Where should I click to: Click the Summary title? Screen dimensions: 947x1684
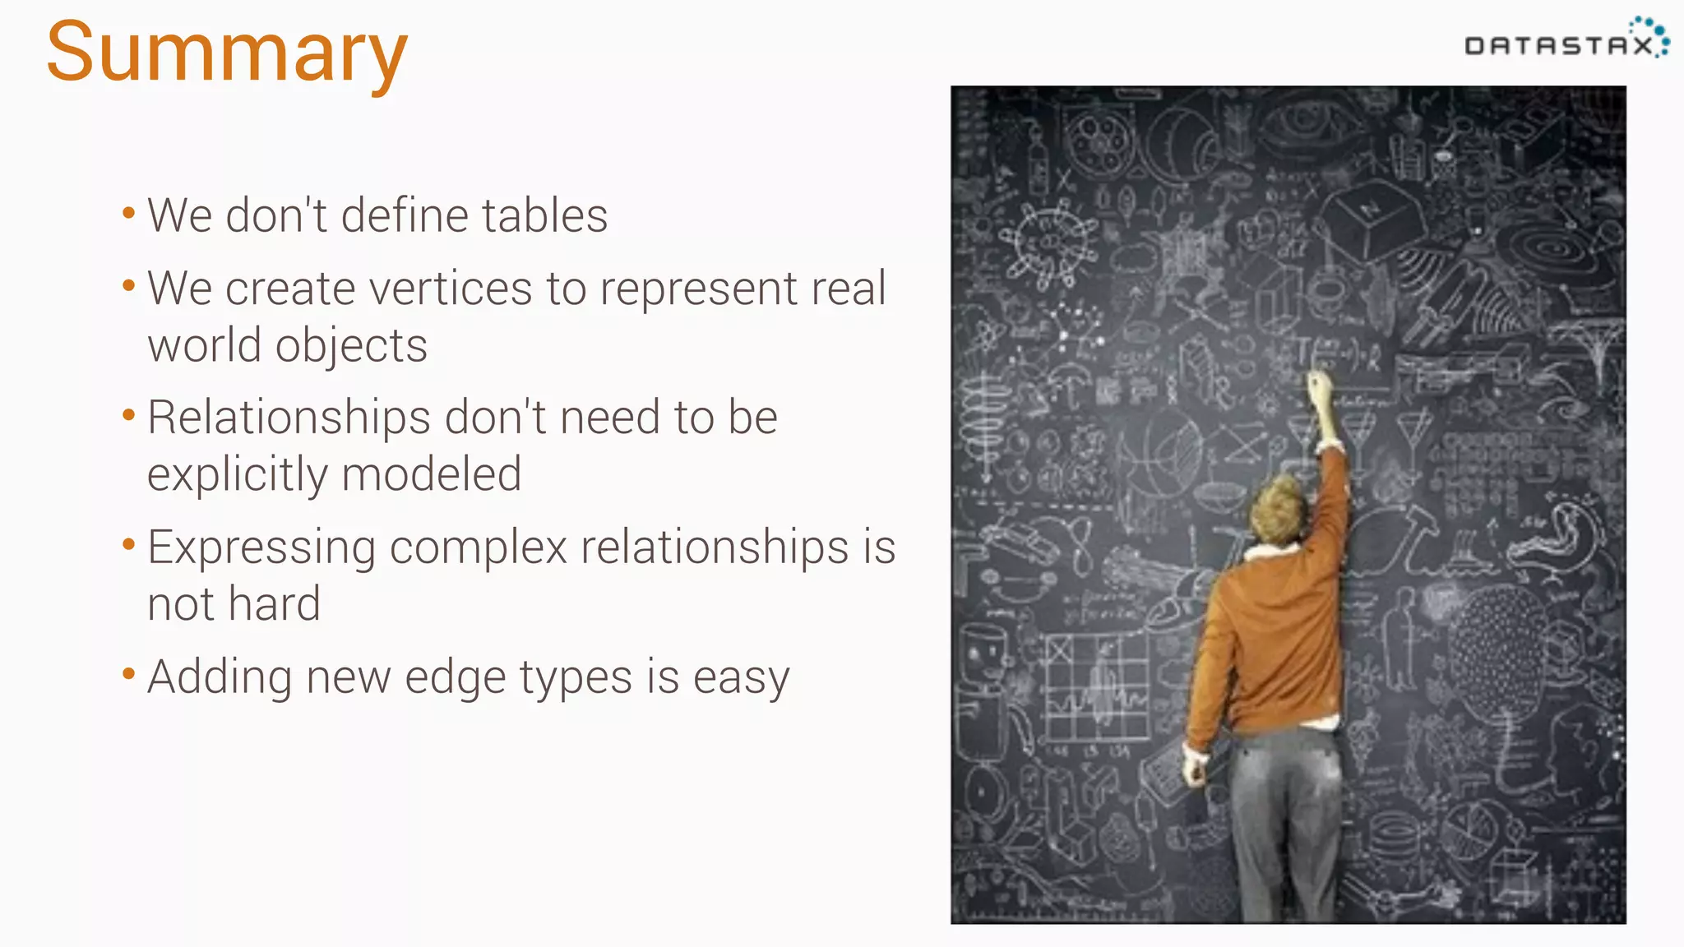click(226, 53)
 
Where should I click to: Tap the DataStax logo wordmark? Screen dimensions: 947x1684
click(1559, 45)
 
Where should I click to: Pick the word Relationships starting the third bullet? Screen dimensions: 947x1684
click(289, 418)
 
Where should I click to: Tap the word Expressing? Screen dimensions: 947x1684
click(261, 548)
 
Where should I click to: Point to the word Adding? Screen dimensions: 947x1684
click(220, 678)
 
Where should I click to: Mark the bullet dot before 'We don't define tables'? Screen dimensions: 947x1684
click(128, 214)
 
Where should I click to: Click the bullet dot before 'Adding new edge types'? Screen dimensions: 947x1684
click(128, 675)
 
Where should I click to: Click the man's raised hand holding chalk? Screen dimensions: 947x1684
click(1319, 386)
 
